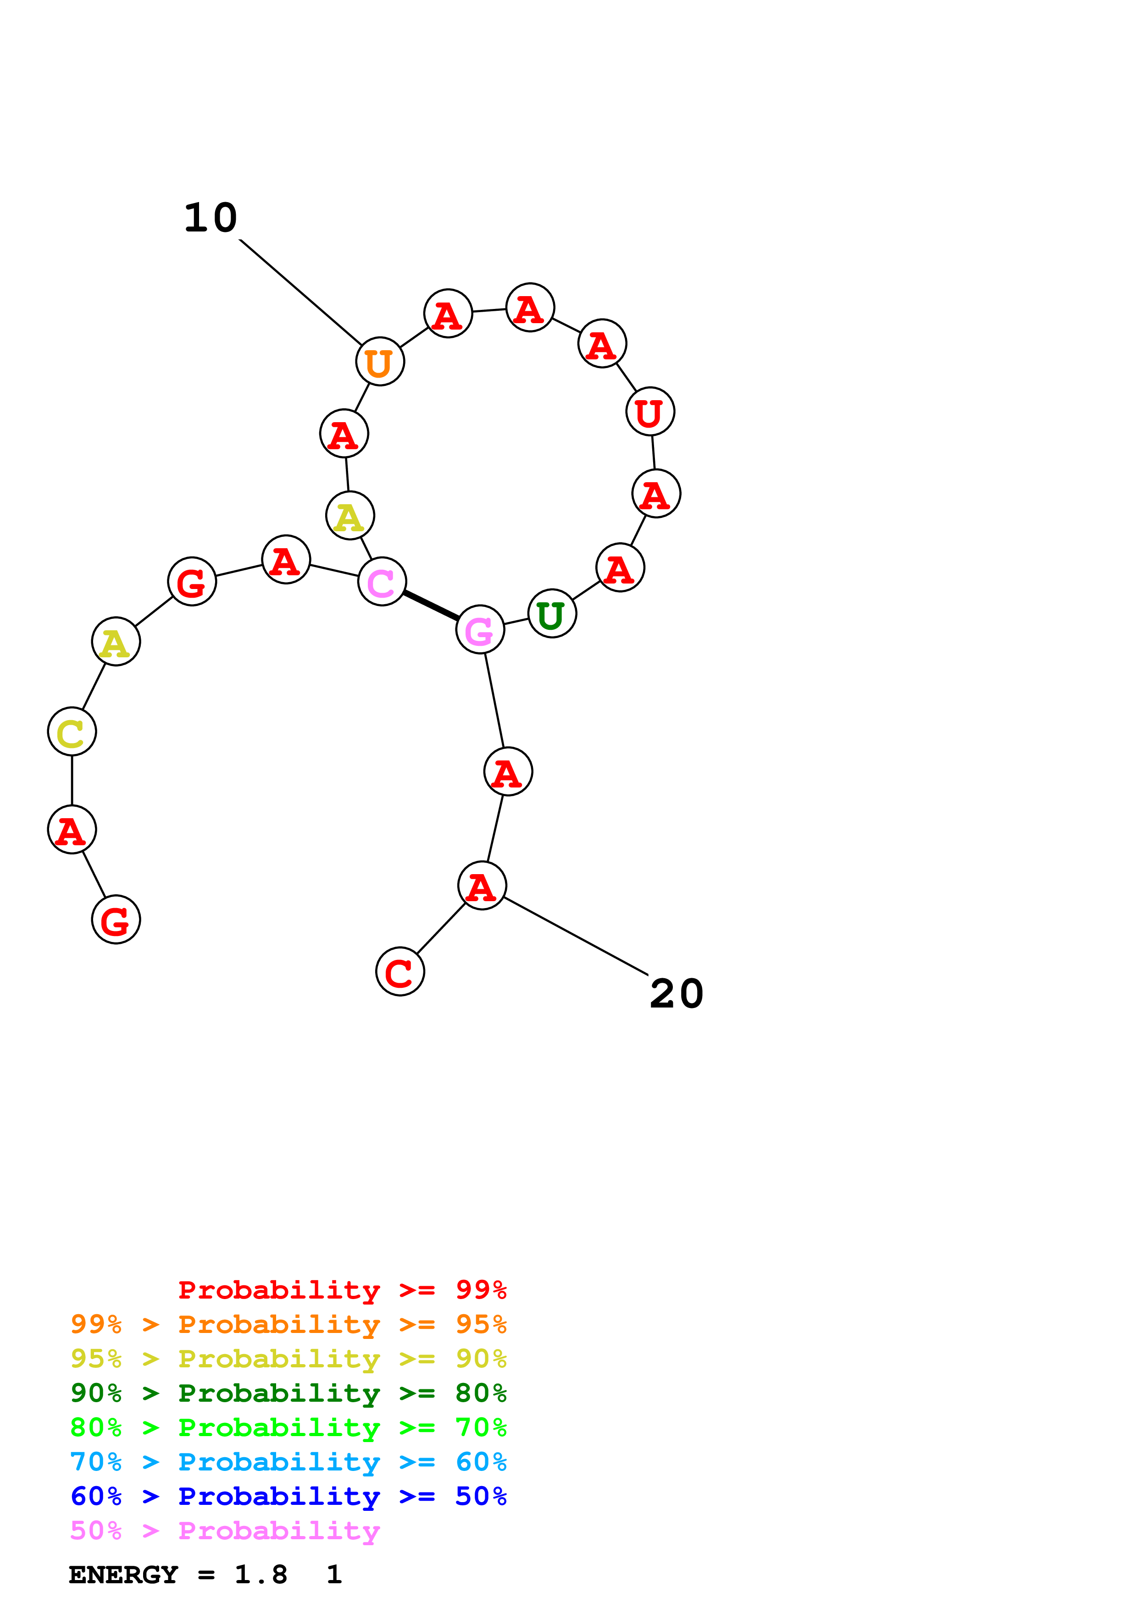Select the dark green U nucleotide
click(x=552, y=613)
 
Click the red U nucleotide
click(x=650, y=411)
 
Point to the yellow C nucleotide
click(x=72, y=732)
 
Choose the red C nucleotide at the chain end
click(x=400, y=971)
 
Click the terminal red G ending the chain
click(x=116, y=920)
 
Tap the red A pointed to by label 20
click(x=482, y=886)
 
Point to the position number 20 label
click(x=676, y=994)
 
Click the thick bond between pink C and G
click(x=431, y=605)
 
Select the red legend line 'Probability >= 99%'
click(x=342, y=1290)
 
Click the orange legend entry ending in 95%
click(x=288, y=1324)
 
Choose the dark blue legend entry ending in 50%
click(x=288, y=1497)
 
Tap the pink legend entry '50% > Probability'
click(x=224, y=1531)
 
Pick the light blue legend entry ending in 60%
click(x=288, y=1462)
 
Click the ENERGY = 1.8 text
click(x=178, y=1575)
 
